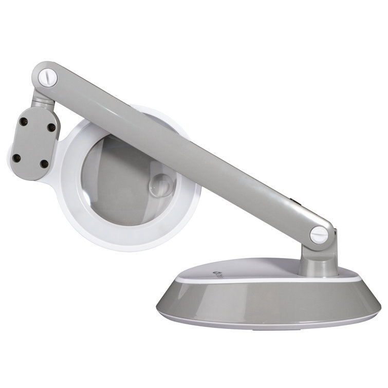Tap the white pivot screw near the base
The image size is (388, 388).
319,235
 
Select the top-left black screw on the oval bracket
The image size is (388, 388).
24,122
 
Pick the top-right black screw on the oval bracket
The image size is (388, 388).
51,126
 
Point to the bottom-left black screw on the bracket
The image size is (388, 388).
16,158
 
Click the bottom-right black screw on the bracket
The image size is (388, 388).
44,164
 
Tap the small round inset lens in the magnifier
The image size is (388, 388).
161,184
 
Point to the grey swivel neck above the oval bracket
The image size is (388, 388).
42,100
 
